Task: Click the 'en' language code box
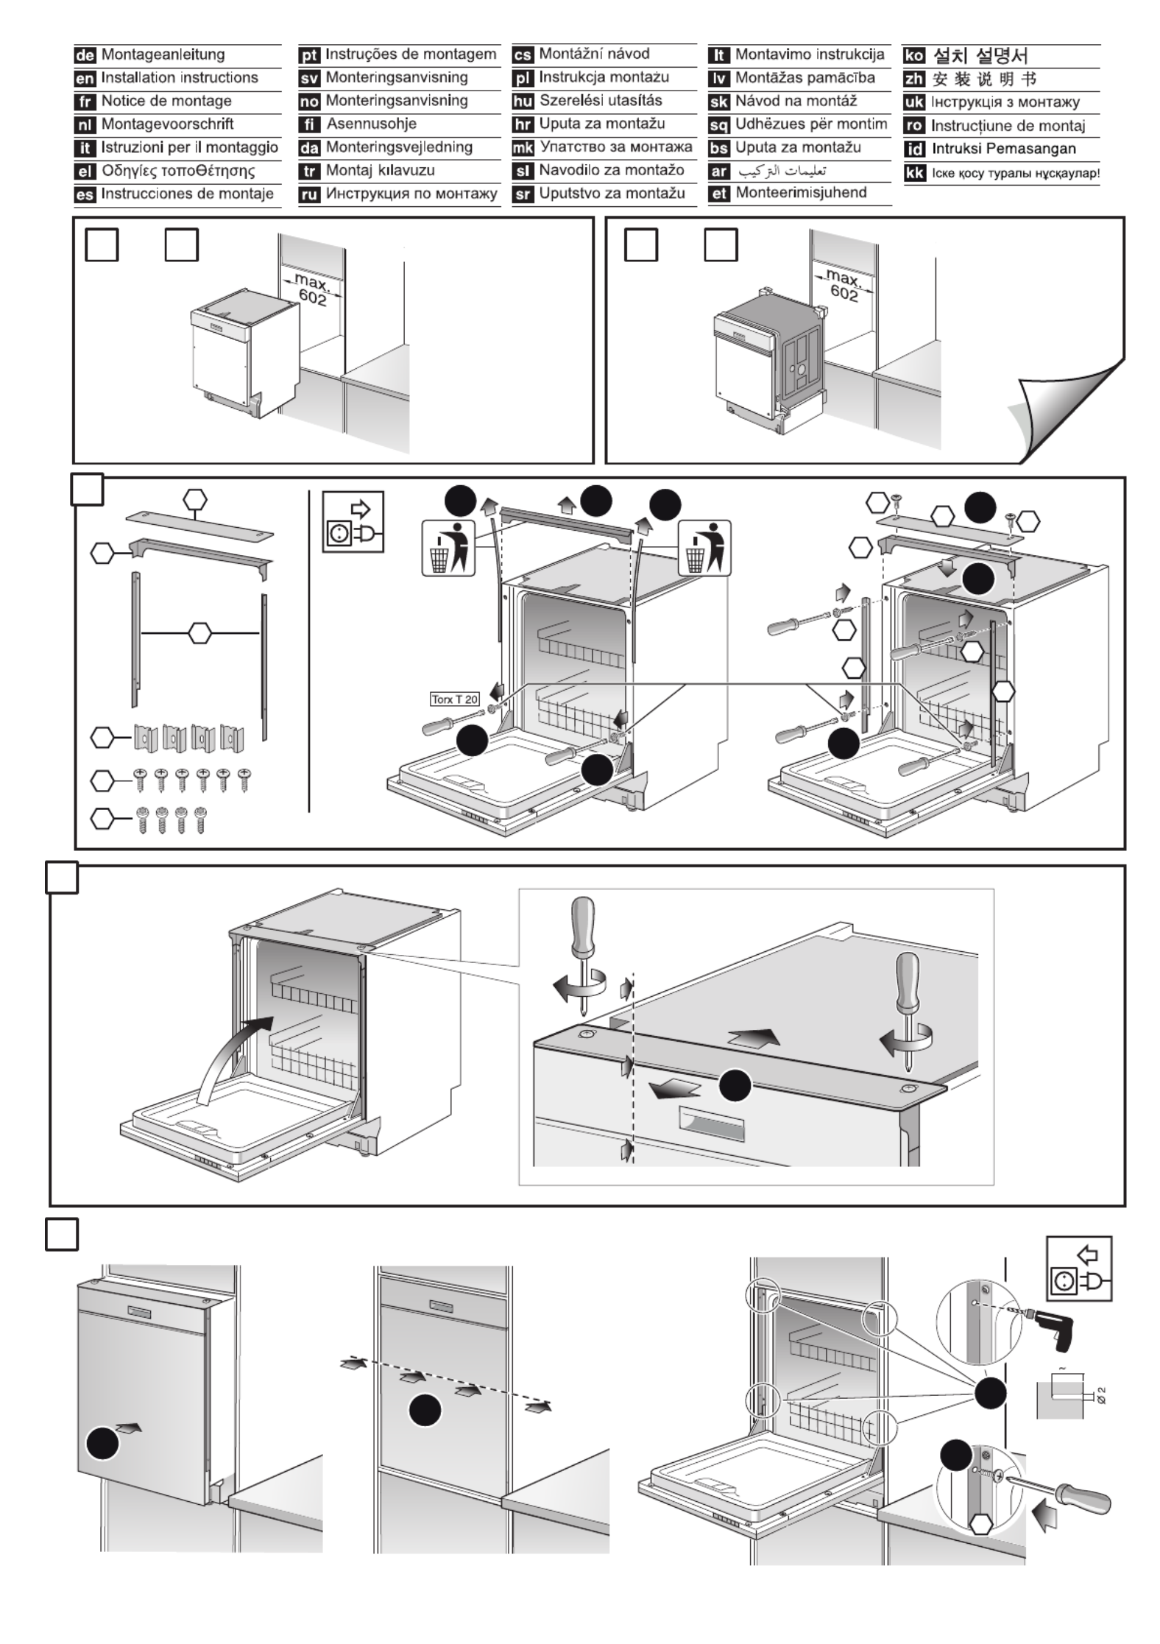point(85,78)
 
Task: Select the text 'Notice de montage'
point(166,101)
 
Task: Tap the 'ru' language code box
point(310,194)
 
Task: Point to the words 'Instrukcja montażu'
point(604,77)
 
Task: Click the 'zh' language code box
point(913,79)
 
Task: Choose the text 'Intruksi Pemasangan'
point(1003,149)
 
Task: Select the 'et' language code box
point(719,194)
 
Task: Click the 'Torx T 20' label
point(454,699)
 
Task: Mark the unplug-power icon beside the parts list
point(353,521)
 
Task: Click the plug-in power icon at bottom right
point(1079,1268)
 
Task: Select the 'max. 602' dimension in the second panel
point(844,286)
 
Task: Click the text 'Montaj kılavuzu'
point(381,171)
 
